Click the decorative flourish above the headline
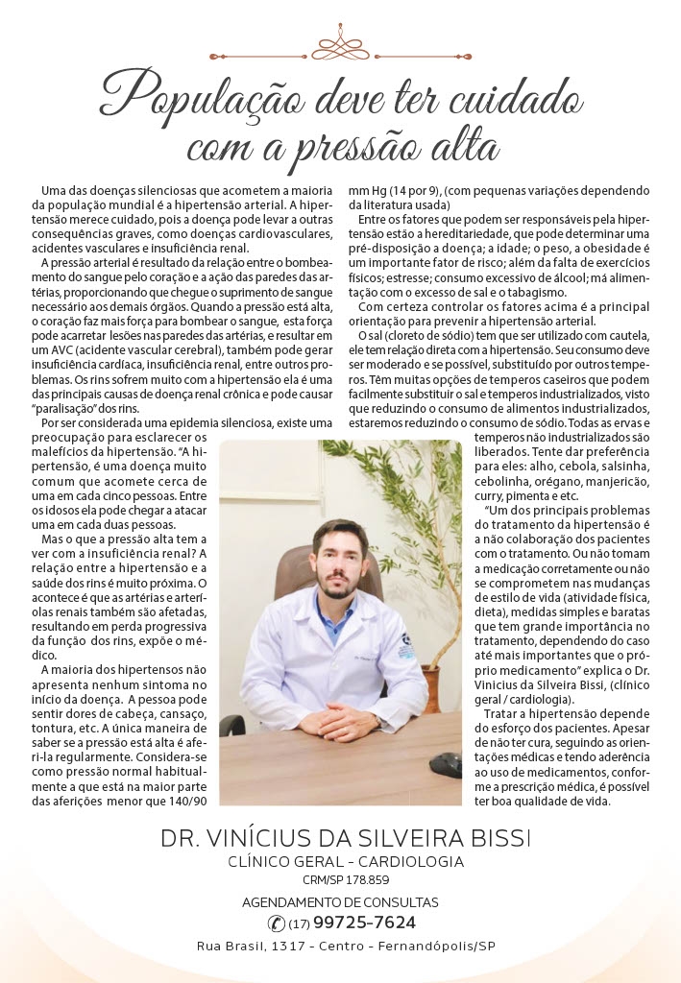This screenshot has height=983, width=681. (x=340, y=43)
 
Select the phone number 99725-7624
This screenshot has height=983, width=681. (x=365, y=923)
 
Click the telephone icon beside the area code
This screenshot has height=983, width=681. (x=277, y=923)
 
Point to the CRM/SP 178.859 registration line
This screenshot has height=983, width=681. (x=341, y=879)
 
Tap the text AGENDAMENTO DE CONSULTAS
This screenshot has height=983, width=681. (x=340, y=902)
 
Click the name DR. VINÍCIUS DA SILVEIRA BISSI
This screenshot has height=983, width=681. (x=345, y=838)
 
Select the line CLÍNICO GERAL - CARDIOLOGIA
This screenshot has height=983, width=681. (x=345, y=861)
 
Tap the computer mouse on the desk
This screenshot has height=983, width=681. (x=445, y=764)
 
